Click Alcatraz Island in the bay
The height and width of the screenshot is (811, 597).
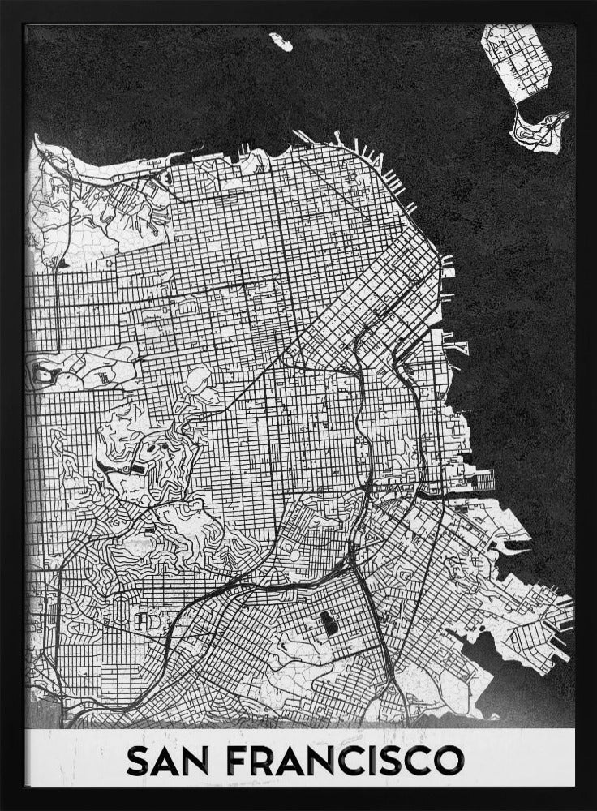281,41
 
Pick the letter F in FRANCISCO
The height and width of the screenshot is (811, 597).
240,763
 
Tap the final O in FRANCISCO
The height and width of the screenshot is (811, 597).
448,763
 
